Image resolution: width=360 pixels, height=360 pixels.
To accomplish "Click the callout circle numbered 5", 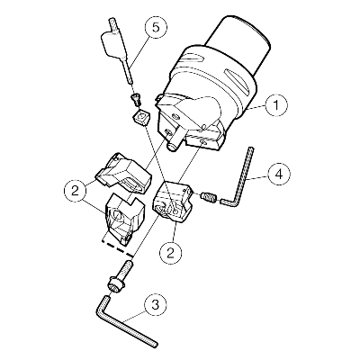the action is (155, 27).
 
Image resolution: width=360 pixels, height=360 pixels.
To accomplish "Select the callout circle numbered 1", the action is (276, 105).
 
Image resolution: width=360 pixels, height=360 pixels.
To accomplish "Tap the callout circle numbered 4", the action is (279, 175).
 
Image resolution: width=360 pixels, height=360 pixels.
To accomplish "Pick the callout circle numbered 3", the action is (155, 306).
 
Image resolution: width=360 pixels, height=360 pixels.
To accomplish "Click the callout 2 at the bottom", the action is (171, 253).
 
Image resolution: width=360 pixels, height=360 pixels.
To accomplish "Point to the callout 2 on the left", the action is (75, 191).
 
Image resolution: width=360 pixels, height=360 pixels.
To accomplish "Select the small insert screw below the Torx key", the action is (136, 99).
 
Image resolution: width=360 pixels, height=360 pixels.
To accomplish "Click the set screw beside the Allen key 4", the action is (208, 197).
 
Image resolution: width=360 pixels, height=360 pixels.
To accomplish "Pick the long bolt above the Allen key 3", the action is (121, 275).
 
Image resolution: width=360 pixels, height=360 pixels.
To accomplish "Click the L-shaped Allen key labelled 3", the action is (123, 321).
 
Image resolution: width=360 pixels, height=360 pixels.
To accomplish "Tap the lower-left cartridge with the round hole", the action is (123, 218).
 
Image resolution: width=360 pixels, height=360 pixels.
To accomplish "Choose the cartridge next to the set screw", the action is (172, 202).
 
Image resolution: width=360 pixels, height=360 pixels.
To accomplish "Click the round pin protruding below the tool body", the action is (173, 147).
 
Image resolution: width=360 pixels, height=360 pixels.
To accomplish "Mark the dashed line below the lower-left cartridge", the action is (118, 247).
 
